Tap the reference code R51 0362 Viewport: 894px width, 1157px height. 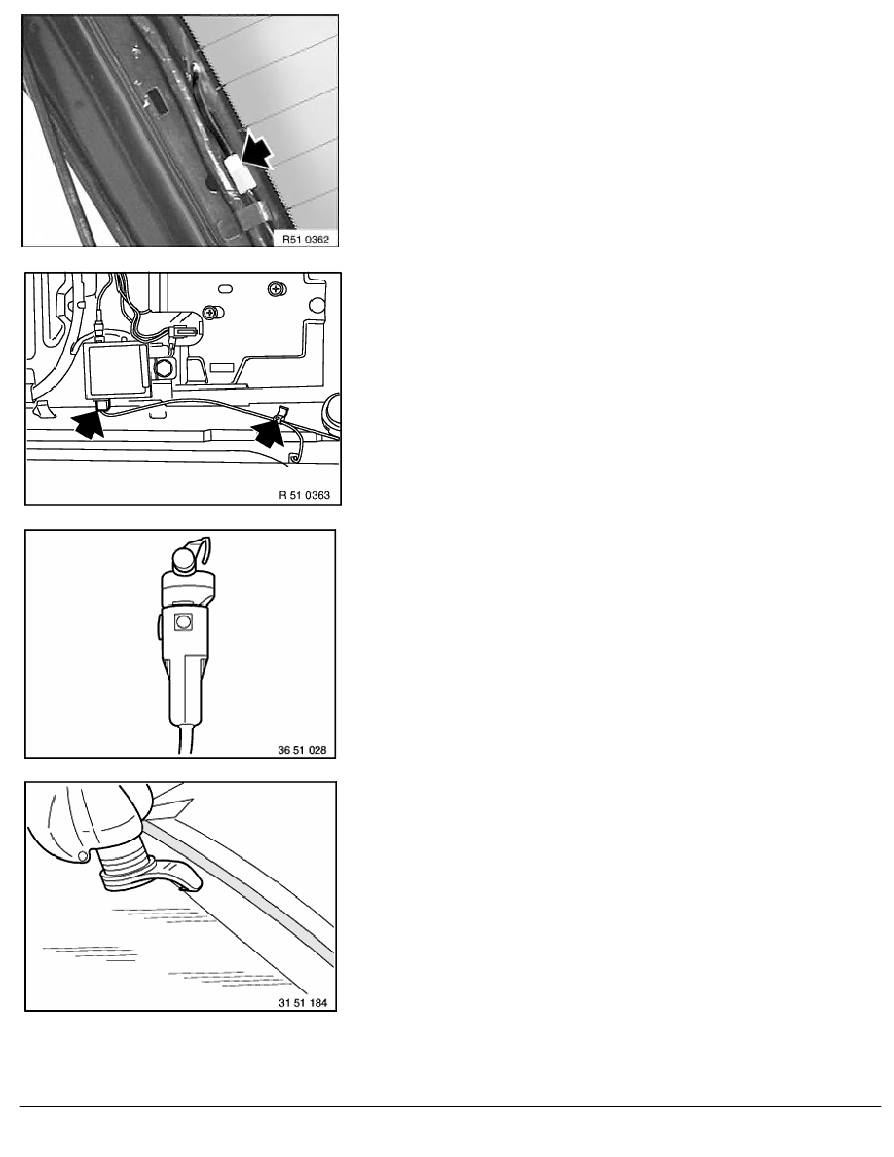306,239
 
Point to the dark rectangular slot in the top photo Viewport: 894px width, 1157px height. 158,102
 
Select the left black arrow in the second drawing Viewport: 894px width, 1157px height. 89,425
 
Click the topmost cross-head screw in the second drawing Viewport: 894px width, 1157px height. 277,288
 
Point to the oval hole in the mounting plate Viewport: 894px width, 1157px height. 227,288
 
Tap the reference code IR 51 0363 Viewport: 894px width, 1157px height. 304,495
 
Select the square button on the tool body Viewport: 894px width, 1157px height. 183,622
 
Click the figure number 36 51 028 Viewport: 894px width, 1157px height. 302,751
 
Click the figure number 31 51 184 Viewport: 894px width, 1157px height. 303,1003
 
